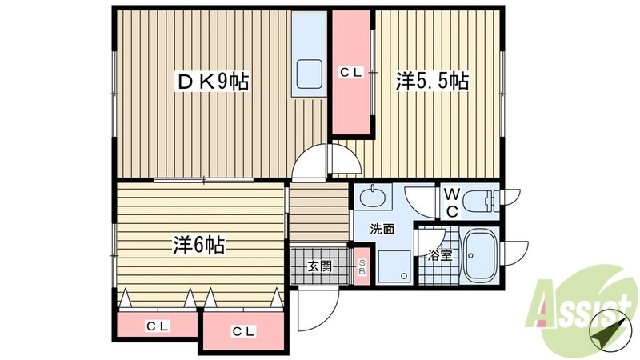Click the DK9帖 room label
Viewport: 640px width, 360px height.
(212, 81)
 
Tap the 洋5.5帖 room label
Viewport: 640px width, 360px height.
(431, 81)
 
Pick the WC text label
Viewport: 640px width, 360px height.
(450, 202)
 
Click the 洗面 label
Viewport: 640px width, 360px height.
(382, 229)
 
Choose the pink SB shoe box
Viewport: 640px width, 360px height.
(362, 267)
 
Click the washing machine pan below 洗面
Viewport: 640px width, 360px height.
(394, 265)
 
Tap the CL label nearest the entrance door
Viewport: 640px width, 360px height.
(244, 331)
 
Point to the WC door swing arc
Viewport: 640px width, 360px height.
(419, 199)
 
